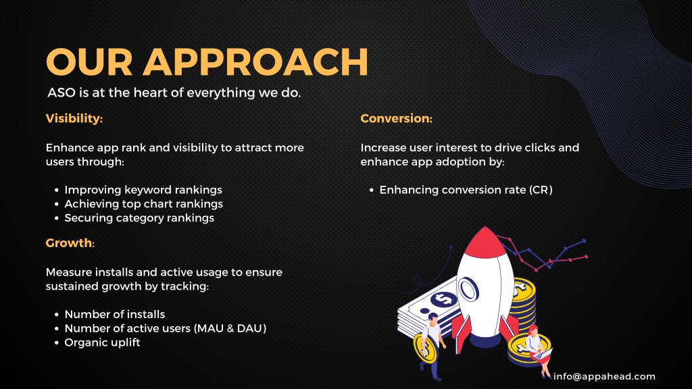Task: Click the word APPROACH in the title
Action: [x=255, y=61]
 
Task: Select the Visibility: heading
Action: [x=74, y=119]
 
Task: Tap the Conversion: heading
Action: [x=396, y=119]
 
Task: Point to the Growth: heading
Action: [x=70, y=243]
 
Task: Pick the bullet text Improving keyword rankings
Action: [x=143, y=190]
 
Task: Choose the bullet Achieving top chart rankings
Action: [x=144, y=204]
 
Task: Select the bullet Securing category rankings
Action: [x=139, y=218]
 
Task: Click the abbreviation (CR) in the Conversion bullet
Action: [x=541, y=190]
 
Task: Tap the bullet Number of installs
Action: [x=115, y=315]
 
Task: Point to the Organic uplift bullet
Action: [x=103, y=342]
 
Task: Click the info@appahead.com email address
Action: [x=605, y=377]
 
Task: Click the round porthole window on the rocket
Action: [x=468, y=289]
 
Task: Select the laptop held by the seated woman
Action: [x=543, y=354]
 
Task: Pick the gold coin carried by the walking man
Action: [x=424, y=348]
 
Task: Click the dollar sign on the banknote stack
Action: [x=444, y=299]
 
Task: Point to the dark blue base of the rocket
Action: [x=485, y=340]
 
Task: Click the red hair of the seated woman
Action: [x=533, y=329]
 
